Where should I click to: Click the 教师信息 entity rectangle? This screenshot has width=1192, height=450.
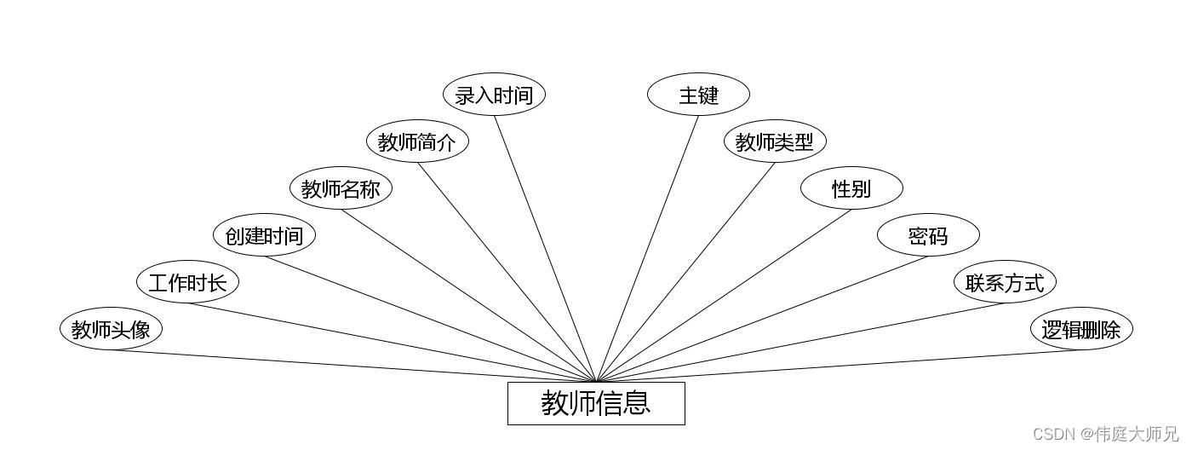pyautogui.click(x=596, y=403)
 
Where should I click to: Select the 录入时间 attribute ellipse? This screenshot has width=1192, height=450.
pyautogui.click(x=494, y=95)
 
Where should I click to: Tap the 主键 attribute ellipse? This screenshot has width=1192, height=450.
pyautogui.click(x=698, y=95)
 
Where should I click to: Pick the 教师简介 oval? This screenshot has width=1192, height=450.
pyautogui.click(x=417, y=141)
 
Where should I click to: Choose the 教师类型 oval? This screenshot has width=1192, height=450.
pyautogui.click(x=775, y=141)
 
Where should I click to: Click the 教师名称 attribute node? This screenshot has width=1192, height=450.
pyautogui.click(x=341, y=188)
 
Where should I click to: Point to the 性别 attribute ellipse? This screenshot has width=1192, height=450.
pyautogui.click(x=851, y=188)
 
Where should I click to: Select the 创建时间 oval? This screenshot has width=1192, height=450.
pyautogui.click(x=264, y=235)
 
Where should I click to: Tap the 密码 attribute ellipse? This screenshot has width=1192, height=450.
pyautogui.click(x=928, y=235)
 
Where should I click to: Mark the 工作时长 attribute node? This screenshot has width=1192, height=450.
pyautogui.click(x=187, y=282)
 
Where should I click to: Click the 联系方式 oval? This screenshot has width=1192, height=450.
pyautogui.click(x=1005, y=282)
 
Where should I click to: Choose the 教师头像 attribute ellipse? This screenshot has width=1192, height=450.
pyautogui.click(x=111, y=329)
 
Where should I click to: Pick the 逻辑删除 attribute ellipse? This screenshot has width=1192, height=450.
pyautogui.click(x=1081, y=329)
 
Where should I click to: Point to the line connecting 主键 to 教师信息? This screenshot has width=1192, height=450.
pyautogui.click(x=647, y=249)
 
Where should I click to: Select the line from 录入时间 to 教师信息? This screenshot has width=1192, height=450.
pyautogui.click(x=545, y=249)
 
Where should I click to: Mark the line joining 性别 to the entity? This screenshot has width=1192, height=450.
pyautogui.click(x=724, y=296)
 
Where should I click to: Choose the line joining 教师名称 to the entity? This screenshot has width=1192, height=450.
pyautogui.click(x=468, y=296)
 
